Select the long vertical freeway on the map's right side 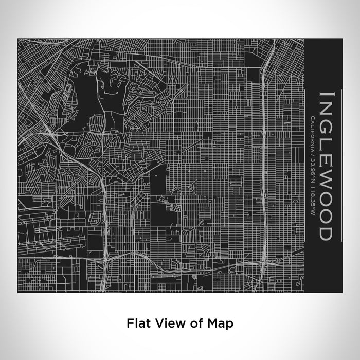pyautogui.click(x=262, y=154)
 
